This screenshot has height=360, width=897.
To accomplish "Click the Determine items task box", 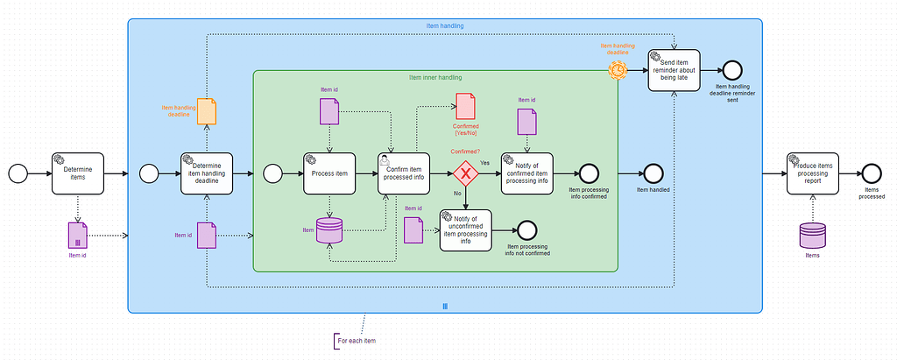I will tap(77, 173).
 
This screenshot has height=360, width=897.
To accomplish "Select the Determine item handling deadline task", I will tap(208, 173).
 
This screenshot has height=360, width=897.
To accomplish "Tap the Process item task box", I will tap(329, 173).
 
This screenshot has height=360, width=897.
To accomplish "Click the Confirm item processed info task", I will tap(405, 173).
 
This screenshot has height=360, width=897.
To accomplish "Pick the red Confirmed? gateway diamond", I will tap(466, 173).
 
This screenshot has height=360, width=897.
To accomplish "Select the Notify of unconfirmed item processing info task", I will tap(465, 230).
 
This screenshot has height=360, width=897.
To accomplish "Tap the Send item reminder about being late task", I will tap(674, 70).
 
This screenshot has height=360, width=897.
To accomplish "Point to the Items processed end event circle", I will tap(871, 173).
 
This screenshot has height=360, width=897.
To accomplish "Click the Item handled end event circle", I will tap(653, 173).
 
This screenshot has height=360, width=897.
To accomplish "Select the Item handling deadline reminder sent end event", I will tap(731, 70).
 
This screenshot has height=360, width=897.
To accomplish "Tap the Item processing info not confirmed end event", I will tap(526, 230).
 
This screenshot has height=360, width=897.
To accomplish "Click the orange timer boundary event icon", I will tap(618, 68).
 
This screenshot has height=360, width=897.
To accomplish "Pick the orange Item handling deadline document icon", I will tap(207, 111).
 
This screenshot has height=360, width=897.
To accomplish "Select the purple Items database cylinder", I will tap(813, 235).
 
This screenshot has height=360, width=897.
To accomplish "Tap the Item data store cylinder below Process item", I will tap(329, 230).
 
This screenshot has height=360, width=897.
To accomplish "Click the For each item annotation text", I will tap(358, 340).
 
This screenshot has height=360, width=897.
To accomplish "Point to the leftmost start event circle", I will tap(18, 173).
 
